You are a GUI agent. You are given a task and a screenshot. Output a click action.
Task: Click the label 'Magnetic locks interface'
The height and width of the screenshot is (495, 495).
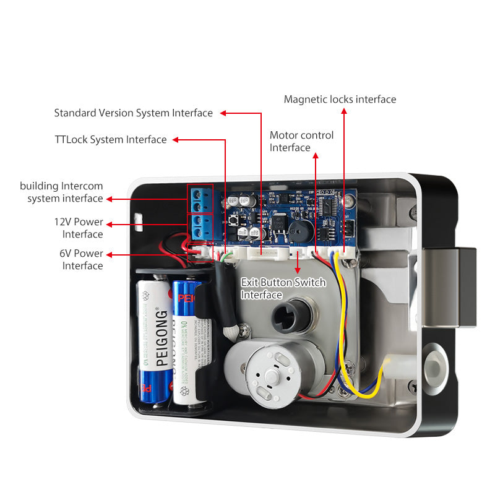(340, 99)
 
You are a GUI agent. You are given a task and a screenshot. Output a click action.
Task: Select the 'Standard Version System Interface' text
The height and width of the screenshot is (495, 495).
(133, 113)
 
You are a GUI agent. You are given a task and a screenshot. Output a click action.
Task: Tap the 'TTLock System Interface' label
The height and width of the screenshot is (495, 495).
(110, 140)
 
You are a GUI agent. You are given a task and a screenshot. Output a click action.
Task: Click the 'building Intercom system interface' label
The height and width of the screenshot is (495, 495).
(62, 192)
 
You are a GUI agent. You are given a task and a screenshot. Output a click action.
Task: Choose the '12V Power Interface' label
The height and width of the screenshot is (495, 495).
(79, 228)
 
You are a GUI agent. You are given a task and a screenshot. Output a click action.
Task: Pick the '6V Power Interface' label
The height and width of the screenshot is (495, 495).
(80, 259)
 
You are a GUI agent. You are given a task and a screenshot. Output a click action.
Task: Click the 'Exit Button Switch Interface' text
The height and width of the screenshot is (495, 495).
(282, 288)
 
